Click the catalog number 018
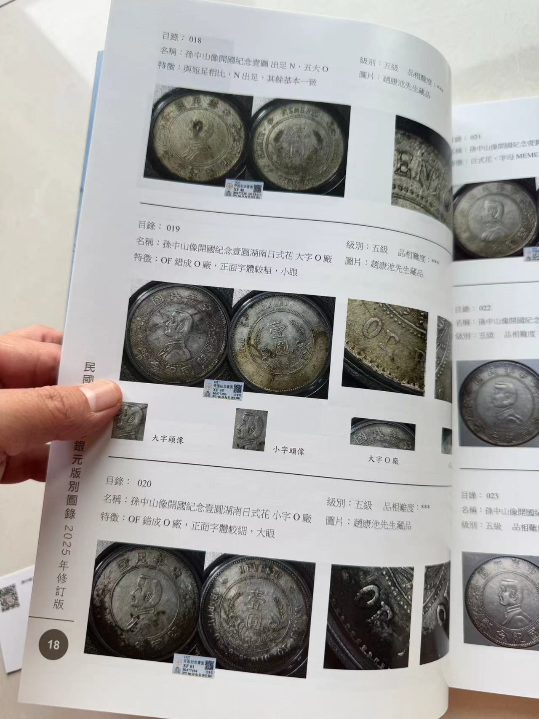pos(196,40)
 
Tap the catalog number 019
pos(173,228)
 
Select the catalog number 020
pos(144,483)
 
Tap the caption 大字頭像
pos(168,439)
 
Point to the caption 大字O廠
pos(383,459)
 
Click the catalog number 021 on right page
pos(475,137)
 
